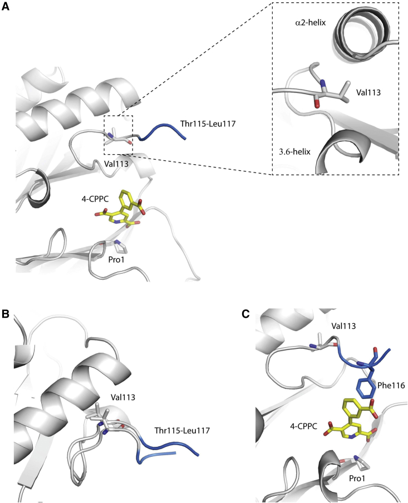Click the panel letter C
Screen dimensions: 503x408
pos(245,314)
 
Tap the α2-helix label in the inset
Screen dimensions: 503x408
pos(310,23)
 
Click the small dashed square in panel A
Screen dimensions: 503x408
pos(120,135)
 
